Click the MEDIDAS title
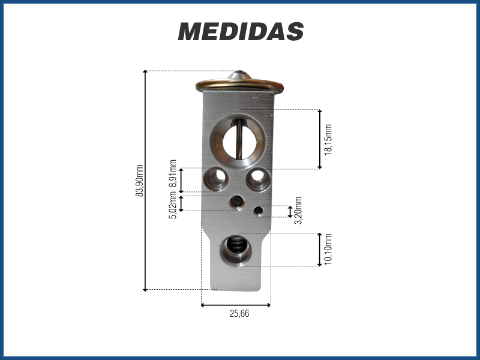click(x=241, y=31)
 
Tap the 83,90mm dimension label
click(x=140, y=181)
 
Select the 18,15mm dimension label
click(x=328, y=140)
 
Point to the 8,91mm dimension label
click(x=173, y=173)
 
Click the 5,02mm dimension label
click(x=173, y=205)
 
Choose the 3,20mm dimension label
click(x=298, y=211)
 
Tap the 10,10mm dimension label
click(x=328, y=249)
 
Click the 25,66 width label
click(x=239, y=314)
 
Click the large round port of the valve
click(x=238, y=141)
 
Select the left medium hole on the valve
click(x=217, y=178)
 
